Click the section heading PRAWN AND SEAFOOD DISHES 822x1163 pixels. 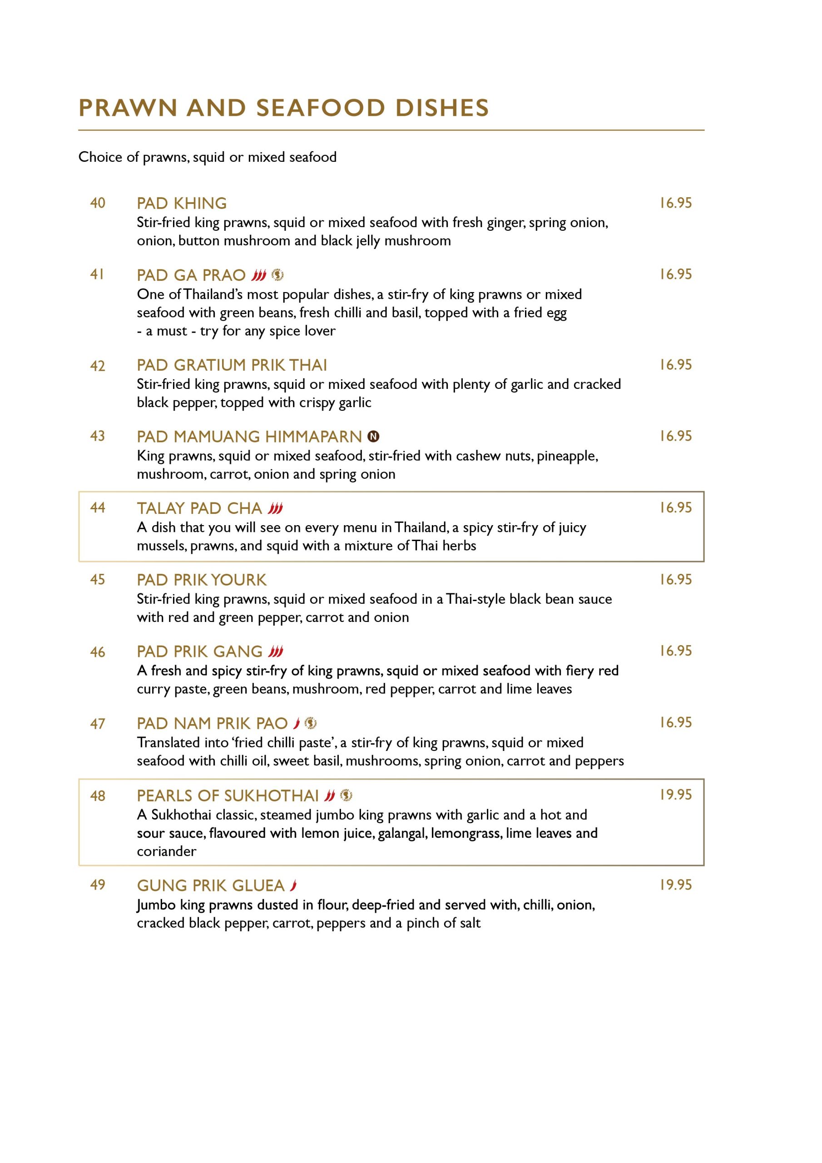tap(284, 108)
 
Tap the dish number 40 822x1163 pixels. tap(98, 203)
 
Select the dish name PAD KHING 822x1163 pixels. tap(181, 203)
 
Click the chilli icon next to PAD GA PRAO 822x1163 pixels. tap(259, 275)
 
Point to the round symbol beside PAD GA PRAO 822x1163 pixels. tap(277, 275)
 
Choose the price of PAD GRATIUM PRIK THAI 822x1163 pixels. tap(675, 365)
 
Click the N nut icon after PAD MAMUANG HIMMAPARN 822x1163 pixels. tap(373, 436)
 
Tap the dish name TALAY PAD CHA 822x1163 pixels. tap(199, 508)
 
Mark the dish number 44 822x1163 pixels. tap(98, 507)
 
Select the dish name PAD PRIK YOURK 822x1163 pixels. tap(202, 580)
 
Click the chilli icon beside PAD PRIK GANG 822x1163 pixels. tap(276, 651)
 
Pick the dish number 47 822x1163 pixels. tap(98, 724)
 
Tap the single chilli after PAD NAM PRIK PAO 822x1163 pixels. tap(297, 723)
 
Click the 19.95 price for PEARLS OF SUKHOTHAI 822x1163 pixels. tap(675, 795)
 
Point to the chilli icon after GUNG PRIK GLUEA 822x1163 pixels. tap(293, 885)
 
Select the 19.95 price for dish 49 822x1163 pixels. tap(675, 885)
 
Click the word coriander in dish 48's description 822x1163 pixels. tap(166, 851)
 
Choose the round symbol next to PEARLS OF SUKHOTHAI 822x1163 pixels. tap(346, 795)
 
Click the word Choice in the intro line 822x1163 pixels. tap(100, 157)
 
